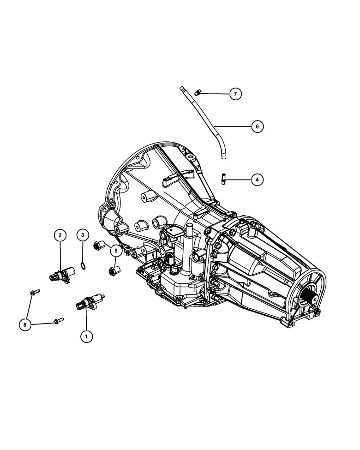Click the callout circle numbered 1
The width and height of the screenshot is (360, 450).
coord(85,336)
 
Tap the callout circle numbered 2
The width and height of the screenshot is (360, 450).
coord(60,235)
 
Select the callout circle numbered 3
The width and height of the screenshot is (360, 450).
coord(83,235)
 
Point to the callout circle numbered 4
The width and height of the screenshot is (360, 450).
coord(258,180)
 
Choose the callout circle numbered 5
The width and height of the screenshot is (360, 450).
coord(116,251)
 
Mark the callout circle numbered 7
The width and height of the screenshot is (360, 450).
coord(235,94)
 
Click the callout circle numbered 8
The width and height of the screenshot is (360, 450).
coord(25,325)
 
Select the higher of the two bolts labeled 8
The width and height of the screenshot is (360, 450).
coord(35,292)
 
